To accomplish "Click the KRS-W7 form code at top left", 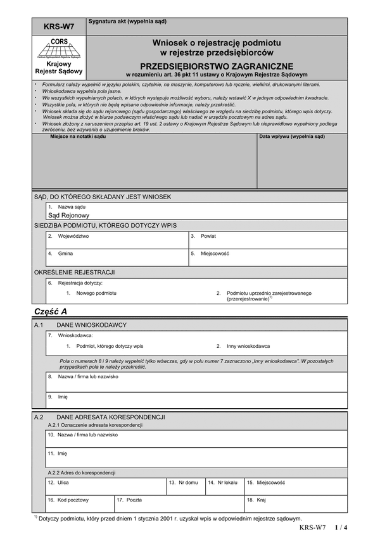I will tap(58, 27).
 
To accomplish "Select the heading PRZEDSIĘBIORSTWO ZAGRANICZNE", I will tap(217, 66).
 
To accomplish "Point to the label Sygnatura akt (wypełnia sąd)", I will tap(127, 22).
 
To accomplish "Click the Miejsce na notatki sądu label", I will tap(78, 136).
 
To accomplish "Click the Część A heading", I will tap(49, 312).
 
